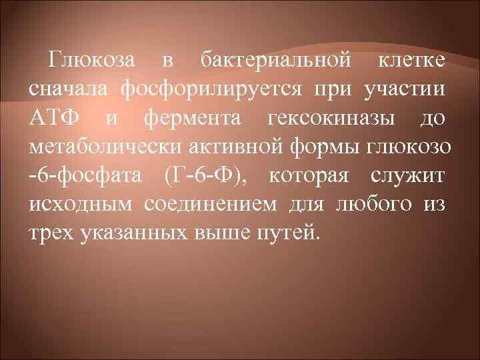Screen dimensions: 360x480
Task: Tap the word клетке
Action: point(413,61)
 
